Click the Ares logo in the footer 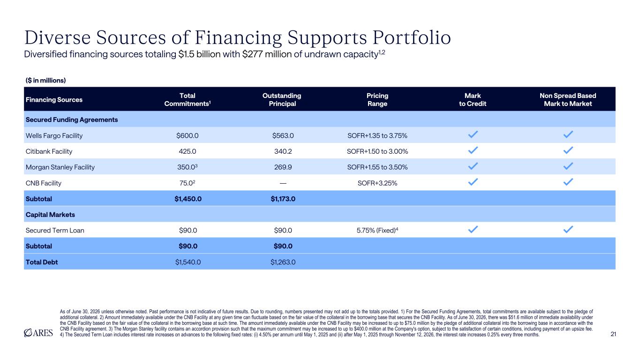click(38, 333)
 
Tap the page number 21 click(613, 334)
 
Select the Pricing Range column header click(377, 99)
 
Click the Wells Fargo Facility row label click(54, 135)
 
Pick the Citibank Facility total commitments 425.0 click(188, 151)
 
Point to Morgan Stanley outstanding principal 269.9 click(283, 167)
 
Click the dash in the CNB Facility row click(283, 183)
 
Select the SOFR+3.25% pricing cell click(377, 183)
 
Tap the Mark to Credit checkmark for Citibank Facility click(473, 150)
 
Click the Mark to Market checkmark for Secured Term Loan click(568, 229)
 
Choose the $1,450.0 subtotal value click(188, 199)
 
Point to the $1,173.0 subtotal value click(283, 199)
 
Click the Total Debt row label click(42, 262)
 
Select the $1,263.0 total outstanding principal click(283, 262)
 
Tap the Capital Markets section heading click(50, 215)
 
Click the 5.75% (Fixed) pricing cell click(377, 230)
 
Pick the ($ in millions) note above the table click(46, 80)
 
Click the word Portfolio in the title click(412, 37)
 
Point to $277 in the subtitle click(252, 54)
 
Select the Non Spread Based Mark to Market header click(568, 99)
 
